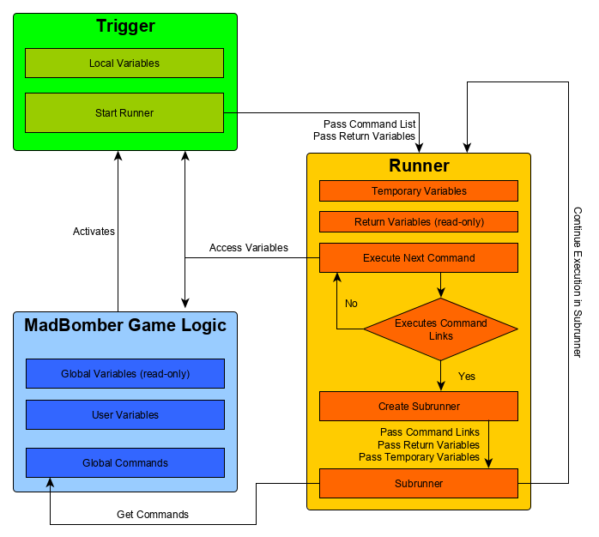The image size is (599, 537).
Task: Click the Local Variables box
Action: tap(124, 63)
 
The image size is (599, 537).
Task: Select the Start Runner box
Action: tap(124, 112)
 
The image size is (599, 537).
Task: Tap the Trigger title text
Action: tap(125, 27)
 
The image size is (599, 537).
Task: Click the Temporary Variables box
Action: tap(419, 190)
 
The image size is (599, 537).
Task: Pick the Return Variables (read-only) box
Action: tap(419, 222)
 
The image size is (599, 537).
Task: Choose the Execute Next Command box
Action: tap(419, 257)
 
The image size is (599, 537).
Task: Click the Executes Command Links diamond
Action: tap(440, 329)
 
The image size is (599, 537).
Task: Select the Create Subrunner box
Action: tap(419, 407)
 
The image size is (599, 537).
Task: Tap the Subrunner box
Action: tap(419, 483)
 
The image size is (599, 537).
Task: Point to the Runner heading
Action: tap(419, 166)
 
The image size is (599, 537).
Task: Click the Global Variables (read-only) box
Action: tap(125, 374)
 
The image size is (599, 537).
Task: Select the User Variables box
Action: tap(125, 415)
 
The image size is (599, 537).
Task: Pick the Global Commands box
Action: tap(125, 463)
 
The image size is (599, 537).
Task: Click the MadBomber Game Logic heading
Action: tap(125, 325)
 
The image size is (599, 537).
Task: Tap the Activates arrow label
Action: tap(94, 232)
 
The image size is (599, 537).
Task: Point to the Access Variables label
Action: tap(249, 248)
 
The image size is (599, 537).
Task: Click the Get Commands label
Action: tap(153, 515)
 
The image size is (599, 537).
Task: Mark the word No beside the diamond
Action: tap(351, 304)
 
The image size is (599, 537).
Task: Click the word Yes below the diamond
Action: tap(467, 376)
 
